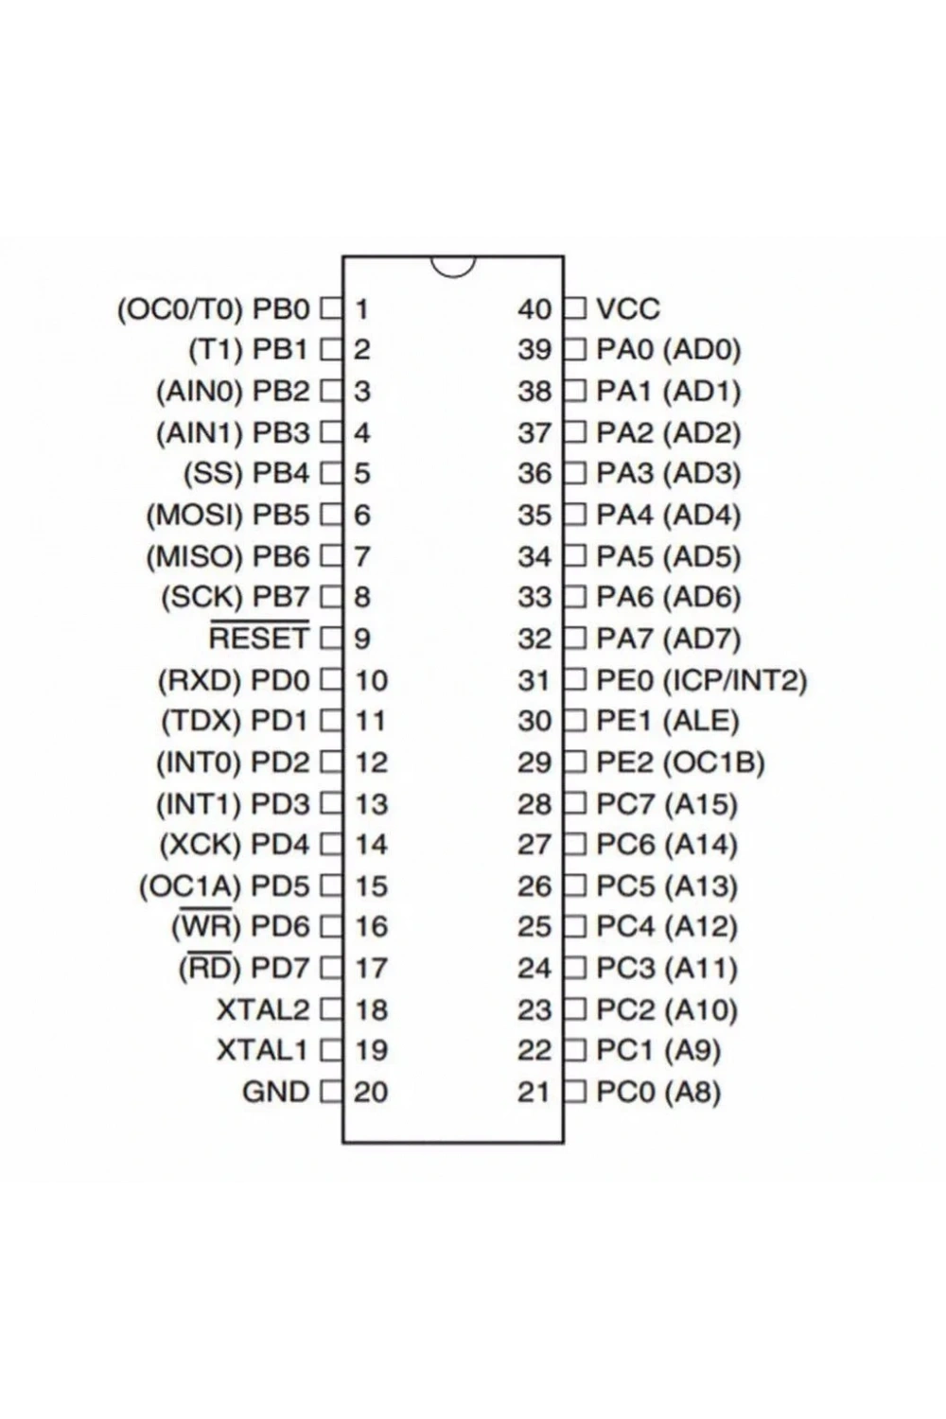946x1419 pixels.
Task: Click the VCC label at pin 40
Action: (x=628, y=309)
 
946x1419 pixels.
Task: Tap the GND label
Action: (x=275, y=1092)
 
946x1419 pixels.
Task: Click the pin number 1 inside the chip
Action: (x=361, y=309)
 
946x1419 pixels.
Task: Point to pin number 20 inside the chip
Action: (x=371, y=1092)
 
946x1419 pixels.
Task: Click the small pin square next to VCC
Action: (x=575, y=309)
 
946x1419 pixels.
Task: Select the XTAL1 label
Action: (x=262, y=1050)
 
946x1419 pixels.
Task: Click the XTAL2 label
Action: (x=263, y=1009)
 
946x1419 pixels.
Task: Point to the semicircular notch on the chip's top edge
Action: (x=453, y=267)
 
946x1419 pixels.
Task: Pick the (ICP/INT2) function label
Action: (x=735, y=680)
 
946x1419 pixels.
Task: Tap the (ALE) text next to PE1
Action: (x=701, y=721)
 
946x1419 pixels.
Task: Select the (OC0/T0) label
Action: (x=180, y=309)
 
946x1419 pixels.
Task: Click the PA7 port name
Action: (x=624, y=638)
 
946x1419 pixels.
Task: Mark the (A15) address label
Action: (x=701, y=804)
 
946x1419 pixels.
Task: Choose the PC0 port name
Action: (x=624, y=1092)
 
